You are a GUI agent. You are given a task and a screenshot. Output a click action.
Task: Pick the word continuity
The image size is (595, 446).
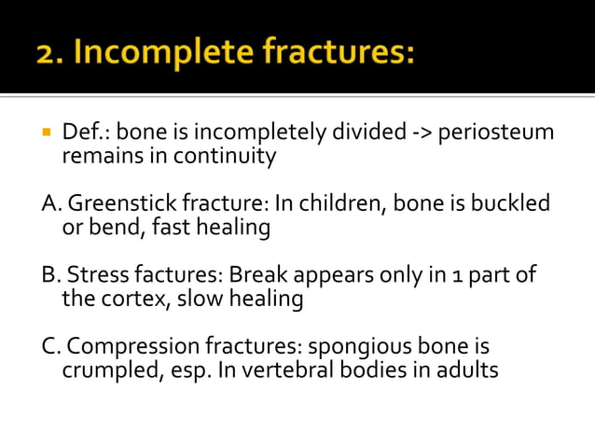(228, 156)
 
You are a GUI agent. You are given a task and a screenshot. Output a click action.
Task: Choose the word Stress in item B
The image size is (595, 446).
(95, 276)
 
